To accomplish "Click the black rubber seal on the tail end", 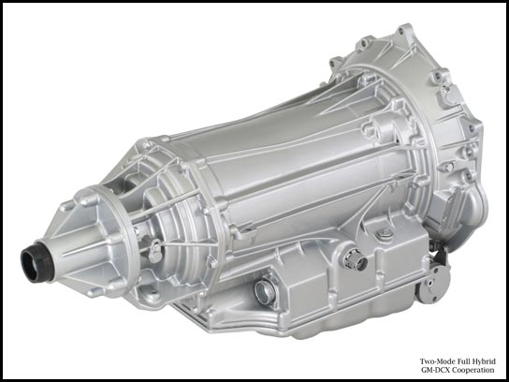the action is click(x=36, y=261).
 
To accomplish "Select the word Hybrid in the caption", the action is click(x=485, y=361).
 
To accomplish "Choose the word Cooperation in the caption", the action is click(x=473, y=370).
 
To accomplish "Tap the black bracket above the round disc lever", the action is click(x=442, y=254).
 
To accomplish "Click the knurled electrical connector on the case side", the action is click(x=355, y=259).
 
